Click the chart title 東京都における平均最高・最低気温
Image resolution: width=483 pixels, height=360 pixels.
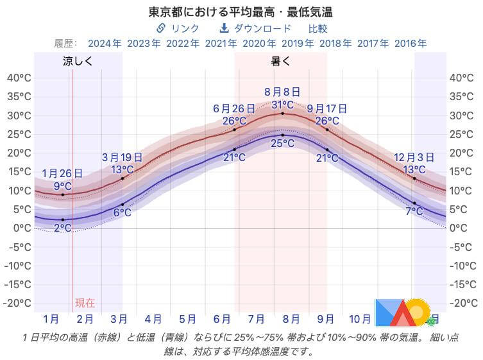[241, 12]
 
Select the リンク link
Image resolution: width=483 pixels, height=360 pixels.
[178, 28]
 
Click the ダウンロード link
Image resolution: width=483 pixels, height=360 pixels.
[255, 28]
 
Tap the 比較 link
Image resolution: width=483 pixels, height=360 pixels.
[318, 28]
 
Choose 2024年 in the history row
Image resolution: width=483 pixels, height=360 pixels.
[105, 44]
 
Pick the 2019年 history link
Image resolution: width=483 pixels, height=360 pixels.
[298, 44]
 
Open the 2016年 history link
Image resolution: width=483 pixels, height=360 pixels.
[411, 44]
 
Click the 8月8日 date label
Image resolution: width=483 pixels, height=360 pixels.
[282, 92]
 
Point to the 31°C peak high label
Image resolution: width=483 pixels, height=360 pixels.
[282, 105]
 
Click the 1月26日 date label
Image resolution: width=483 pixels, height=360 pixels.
[62, 173]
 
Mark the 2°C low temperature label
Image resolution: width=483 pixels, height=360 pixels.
[62, 228]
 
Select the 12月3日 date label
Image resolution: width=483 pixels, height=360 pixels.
[414, 157]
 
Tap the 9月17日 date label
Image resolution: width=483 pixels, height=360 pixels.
[327, 108]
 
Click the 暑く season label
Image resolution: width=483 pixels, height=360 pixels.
[281, 62]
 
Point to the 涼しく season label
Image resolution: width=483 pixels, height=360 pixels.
[78, 62]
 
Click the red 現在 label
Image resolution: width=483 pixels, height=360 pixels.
[85, 303]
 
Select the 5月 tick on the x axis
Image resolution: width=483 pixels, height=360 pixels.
[187, 318]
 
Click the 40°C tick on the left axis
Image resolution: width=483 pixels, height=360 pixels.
[19, 78]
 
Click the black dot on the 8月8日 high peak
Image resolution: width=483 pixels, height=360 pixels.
[282, 113]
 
